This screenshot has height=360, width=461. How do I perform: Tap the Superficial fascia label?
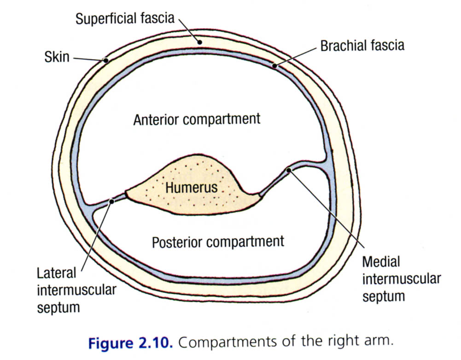click(x=125, y=19)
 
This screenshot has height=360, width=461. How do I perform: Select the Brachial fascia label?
click(x=362, y=46)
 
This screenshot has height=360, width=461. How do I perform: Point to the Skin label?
click(x=57, y=57)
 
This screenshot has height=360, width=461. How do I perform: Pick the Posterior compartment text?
click(x=218, y=242)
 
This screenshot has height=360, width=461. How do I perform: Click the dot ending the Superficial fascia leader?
click(x=199, y=41)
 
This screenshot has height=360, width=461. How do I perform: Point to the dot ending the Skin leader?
click(x=105, y=60)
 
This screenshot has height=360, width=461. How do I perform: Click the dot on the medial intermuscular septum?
click(x=288, y=171)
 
